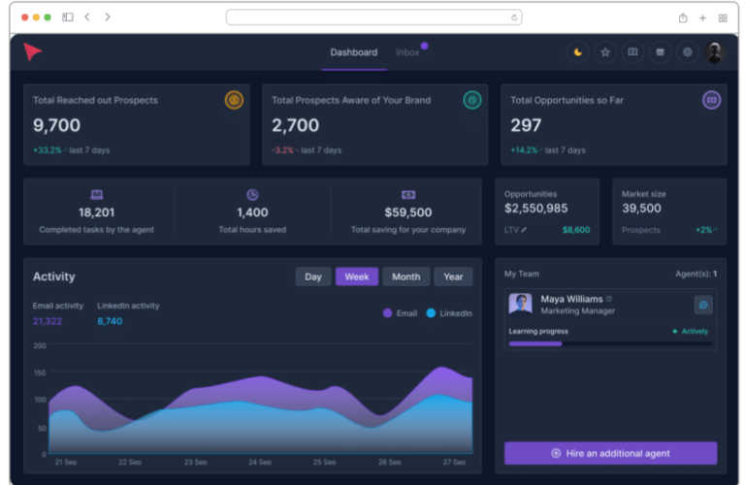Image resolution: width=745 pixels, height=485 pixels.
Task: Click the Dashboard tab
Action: click(x=353, y=52)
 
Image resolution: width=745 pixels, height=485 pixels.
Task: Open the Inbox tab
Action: click(x=407, y=52)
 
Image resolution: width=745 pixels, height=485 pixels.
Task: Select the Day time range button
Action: click(x=312, y=276)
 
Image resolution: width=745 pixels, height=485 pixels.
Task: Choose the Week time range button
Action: click(x=357, y=276)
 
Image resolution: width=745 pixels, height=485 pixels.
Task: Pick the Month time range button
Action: click(x=405, y=276)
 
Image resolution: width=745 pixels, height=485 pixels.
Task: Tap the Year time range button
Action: click(x=453, y=276)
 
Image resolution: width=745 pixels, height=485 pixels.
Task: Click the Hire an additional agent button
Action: click(x=610, y=453)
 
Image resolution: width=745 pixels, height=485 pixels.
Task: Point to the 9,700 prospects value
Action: click(x=56, y=125)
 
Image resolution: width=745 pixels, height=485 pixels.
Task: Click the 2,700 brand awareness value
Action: click(x=295, y=125)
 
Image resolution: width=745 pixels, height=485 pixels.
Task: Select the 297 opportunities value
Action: click(x=526, y=125)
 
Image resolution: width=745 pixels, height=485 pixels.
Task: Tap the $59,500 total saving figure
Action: click(x=407, y=212)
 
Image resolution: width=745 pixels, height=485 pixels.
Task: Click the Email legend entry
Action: click(x=400, y=313)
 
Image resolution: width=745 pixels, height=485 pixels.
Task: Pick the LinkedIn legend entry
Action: click(x=449, y=313)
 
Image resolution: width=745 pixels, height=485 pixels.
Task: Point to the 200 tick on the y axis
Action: click(x=40, y=345)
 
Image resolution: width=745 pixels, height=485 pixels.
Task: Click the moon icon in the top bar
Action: click(x=578, y=52)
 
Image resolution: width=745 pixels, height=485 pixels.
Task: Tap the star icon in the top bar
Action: click(x=605, y=52)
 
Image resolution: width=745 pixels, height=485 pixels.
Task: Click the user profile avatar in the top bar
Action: click(x=715, y=52)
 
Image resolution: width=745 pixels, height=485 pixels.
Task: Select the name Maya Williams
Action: click(x=571, y=299)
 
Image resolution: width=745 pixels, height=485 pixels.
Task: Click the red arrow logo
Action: click(x=33, y=52)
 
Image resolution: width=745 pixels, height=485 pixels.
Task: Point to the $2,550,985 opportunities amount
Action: click(x=536, y=209)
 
